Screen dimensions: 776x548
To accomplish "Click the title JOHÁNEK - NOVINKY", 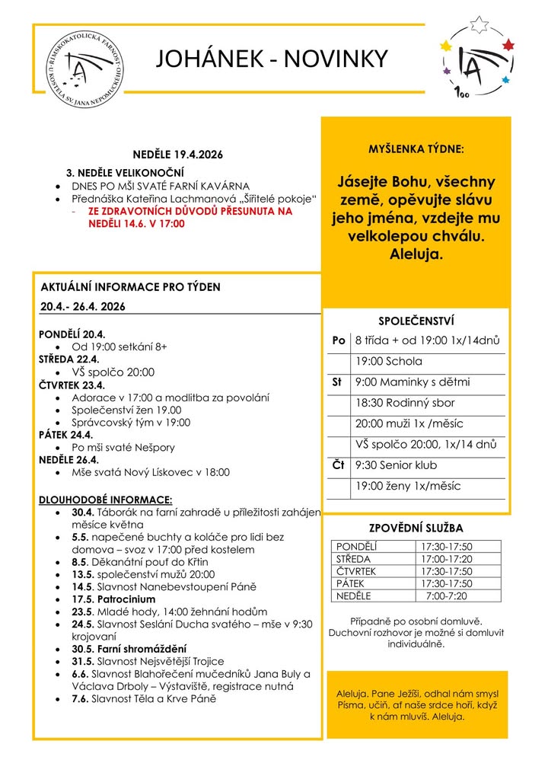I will click(x=272, y=59).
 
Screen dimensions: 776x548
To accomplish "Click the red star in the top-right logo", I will click(x=509, y=45).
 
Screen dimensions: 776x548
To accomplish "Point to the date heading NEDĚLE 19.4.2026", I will click(x=179, y=154).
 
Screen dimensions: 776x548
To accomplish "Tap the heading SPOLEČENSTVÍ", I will click(x=416, y=321).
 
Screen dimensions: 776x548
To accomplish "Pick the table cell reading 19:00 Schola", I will click(x=389, y=361).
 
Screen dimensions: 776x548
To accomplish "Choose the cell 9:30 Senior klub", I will click(x=396, y=465).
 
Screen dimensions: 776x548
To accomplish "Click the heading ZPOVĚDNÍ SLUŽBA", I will click(x=416, y=528).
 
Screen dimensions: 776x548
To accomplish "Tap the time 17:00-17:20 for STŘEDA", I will click(x=446, y=558).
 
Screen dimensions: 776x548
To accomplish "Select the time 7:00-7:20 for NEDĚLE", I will click(x=446, y=595).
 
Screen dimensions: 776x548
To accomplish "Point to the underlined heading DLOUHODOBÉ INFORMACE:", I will click(x=106, y=500).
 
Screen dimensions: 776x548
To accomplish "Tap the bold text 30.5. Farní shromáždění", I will click(x=129, y=649).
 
